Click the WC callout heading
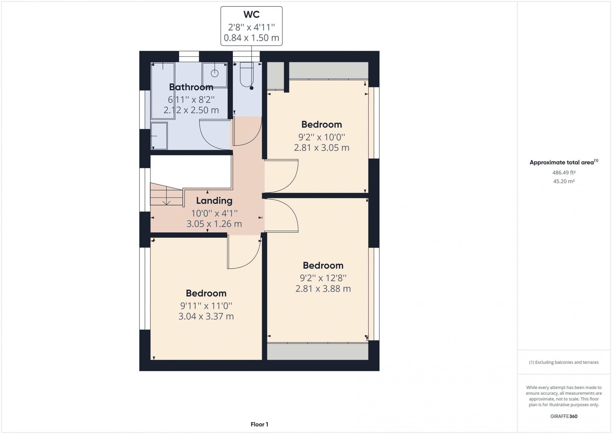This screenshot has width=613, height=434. (x=251, y=14)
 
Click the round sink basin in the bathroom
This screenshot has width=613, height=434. (x=215, y=73)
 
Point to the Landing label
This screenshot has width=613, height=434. (x=214, y=200)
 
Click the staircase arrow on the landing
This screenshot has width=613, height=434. (x=166, y=196)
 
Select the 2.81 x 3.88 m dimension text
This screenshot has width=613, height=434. (x=323, y=289)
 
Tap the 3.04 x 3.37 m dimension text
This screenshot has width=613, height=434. (x=206, y=316)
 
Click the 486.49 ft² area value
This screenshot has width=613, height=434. (x=564, y=173)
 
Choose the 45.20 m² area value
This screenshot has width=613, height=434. (x=564, y=181)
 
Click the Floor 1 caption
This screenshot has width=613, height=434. (x=259, y=424)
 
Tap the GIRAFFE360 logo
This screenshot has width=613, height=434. (x=564, y=416)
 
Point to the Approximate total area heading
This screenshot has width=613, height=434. (x=564, y=162)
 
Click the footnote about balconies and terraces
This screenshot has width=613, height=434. (x=564, y=362)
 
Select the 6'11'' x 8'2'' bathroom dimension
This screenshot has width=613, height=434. (x=191, y=100)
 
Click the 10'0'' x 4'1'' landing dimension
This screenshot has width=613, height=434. (x=214, y=213)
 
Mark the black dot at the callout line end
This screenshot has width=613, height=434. (x=251, y=88)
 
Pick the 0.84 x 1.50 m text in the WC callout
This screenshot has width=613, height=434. (x=251, y=38)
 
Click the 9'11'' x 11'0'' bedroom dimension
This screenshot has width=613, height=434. (x=206, y=306)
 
